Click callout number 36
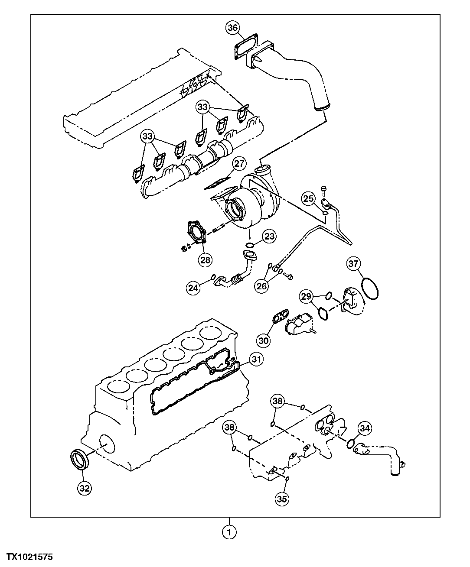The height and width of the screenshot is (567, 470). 232,28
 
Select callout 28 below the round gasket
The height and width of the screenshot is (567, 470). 205,259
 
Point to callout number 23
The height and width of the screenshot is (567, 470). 269,236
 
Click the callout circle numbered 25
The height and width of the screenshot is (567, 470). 308,199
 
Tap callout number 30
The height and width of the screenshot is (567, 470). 264,340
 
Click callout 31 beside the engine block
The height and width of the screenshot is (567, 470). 256,359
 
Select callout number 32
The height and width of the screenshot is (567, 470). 85,488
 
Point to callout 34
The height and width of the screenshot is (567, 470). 365,428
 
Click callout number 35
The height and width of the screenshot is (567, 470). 282,499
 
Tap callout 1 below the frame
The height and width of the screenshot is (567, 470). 229,531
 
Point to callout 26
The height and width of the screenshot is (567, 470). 261,286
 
